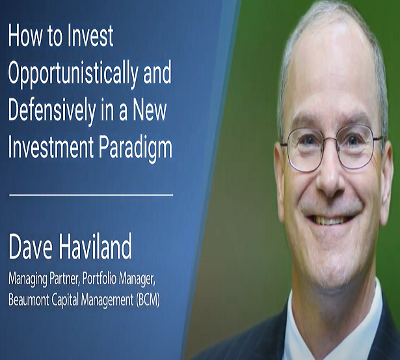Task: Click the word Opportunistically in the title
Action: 73,74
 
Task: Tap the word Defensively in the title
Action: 52,111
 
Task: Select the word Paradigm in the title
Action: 135,148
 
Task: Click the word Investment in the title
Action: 51,146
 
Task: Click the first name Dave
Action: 31,247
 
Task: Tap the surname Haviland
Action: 96,246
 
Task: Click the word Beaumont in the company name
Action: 29,300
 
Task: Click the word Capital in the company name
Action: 66,301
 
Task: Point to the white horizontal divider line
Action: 91,195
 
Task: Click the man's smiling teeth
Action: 330,220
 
